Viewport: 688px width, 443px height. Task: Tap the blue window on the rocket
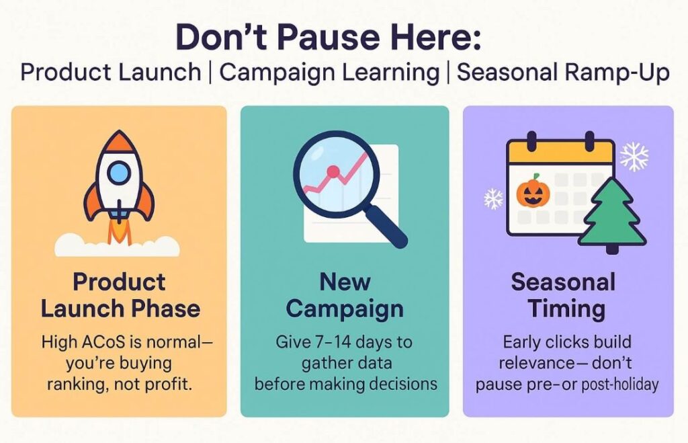point(119,173)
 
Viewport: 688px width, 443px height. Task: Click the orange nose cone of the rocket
point(118,142)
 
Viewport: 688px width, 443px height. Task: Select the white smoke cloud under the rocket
point(117,246)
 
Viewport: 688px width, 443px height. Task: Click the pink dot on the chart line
point(333,171)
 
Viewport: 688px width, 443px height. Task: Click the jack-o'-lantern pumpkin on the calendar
point(533,192)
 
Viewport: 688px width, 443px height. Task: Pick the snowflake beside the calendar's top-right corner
point(634,157)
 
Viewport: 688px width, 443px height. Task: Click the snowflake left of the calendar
point(494,198)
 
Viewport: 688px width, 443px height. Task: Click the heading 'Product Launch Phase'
point(120,295)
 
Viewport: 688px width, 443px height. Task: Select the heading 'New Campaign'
point(345,295)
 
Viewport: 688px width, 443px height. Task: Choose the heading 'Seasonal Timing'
point(564,295)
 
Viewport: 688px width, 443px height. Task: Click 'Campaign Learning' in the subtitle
point(329,73)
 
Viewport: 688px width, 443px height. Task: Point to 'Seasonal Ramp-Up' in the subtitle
point(564,73)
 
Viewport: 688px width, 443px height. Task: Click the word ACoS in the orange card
point(104,342)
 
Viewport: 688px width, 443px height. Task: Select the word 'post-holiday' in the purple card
point(620,385)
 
